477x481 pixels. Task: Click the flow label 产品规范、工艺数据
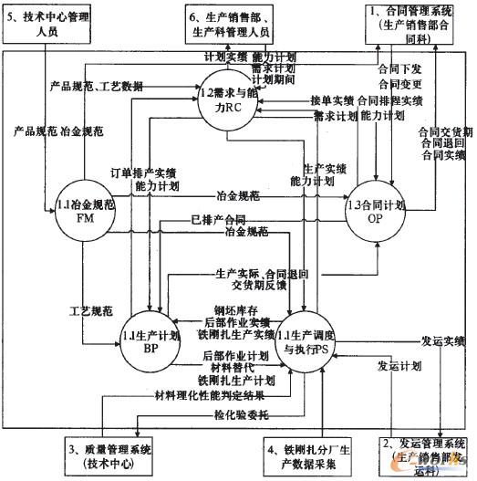[x=97, y=86]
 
